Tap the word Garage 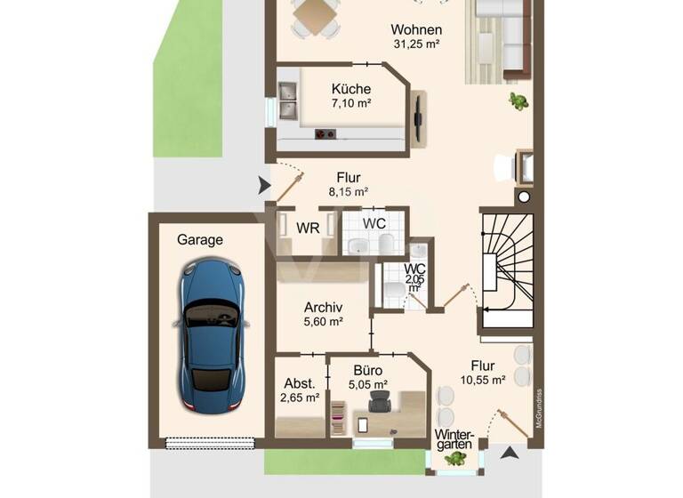point(200,239)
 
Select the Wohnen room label point(415,29)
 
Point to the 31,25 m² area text point(417,43)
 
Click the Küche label point(350,89)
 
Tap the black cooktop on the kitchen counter point(325,134)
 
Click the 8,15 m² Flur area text point(349,191)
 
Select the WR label point(308,227)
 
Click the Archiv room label point(323,308)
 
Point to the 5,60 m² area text point(323,322)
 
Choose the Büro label point(367,371)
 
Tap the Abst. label point(299,383)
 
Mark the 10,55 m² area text point(483,380)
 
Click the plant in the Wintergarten point(456,458)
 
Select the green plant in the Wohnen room point(517,102)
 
